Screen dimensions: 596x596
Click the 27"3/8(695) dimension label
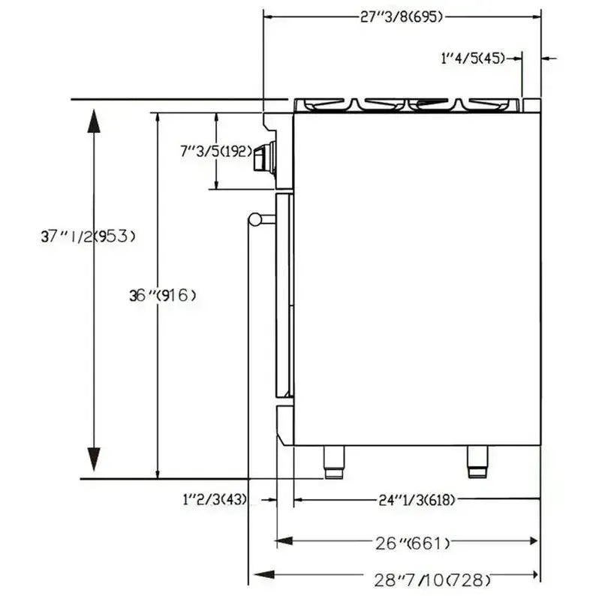click(402, 17)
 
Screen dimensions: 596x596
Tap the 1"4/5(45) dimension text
click(473, 59)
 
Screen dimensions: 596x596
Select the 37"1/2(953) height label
click(88, 236)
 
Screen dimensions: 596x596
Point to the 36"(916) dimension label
click(163, 295)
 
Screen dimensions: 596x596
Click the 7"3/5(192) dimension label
click(216, 152)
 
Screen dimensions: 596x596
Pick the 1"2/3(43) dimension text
click(215, 499)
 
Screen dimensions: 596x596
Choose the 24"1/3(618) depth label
click(417, 500)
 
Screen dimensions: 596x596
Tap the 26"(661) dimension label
click(412, 543)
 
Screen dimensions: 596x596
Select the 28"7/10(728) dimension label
click(432, 580)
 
